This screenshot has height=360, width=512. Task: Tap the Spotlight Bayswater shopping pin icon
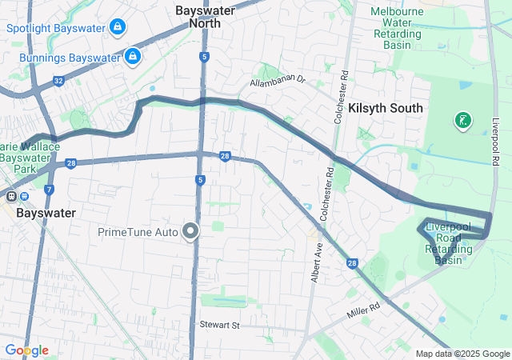[118, 27]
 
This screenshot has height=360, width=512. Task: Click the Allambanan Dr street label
[278, 81]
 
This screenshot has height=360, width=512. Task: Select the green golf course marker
[462, 122]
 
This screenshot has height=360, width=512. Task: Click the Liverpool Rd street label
[495, 144]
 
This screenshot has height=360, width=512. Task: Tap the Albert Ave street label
[317, 263]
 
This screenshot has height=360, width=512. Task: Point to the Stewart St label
[219, 326]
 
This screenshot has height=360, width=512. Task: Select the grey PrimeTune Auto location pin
[190, 232]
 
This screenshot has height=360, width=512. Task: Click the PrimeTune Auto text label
[138, 233]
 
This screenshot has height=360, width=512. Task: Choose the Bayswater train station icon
[12, 197]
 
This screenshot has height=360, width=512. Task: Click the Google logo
[26, 350]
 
